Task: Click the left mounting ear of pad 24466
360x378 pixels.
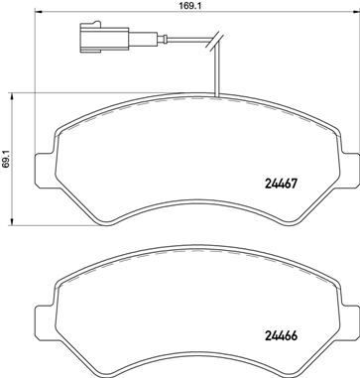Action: click(43, 315)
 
